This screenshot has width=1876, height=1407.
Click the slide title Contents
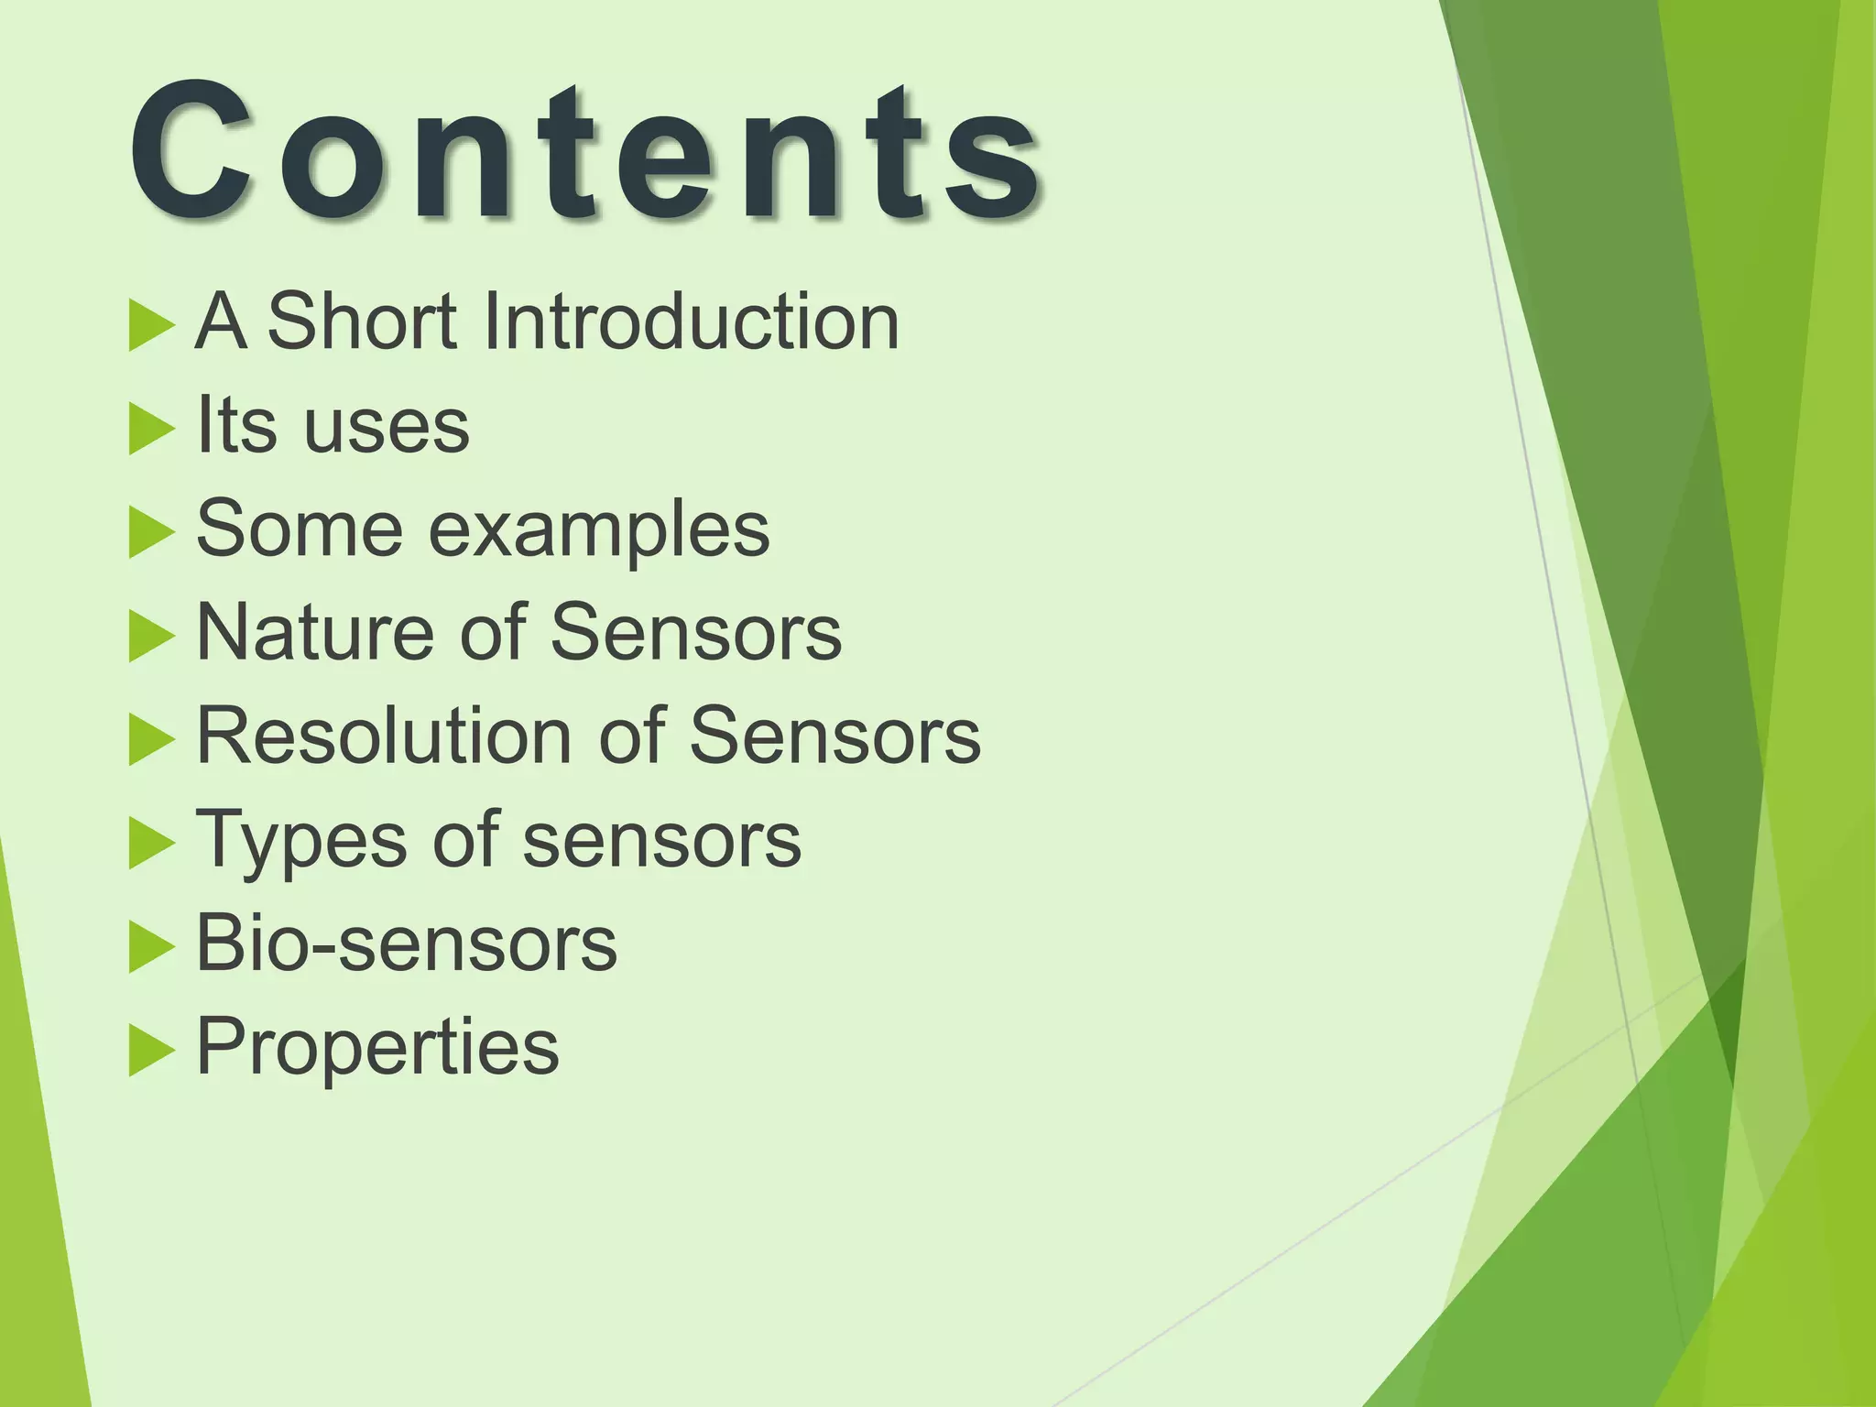[586, 151]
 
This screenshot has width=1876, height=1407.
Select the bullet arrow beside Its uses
[150, 428]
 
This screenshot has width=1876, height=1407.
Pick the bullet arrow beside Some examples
[150, 532]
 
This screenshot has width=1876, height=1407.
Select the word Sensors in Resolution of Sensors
[834, 736]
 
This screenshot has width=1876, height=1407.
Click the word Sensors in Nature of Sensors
[696, 632]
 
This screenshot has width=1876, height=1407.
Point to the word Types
[301, 841]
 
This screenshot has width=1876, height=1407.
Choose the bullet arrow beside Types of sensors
[150, 843]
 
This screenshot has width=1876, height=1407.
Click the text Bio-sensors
[407, 943]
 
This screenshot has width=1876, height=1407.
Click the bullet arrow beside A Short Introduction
[150, 324]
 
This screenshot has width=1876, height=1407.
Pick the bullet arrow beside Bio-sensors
[150, 946]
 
